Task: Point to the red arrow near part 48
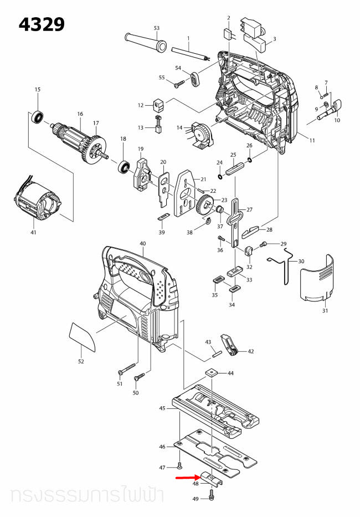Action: [x=188, y=476]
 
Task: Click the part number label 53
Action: [x=157, y=28]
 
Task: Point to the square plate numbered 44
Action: [x=211, y=373]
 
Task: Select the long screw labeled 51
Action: [x=127, y=368]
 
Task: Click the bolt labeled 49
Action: [x=213, y=493]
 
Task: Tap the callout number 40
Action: [x=142, y=244]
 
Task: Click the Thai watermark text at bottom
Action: [x=83, y=495]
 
